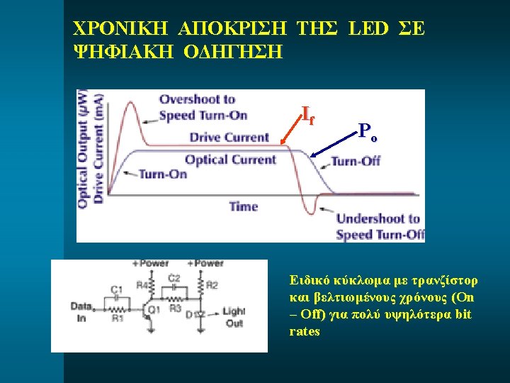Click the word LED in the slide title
pyautogui.click(x=368, y=29)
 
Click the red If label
pyautogui.click(x=307, y=114)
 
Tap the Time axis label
pyautogui.click(x=243, y=206)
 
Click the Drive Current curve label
pyautogui.click(x=229, y=137)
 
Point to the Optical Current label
pyautogui.click(x=230, y=159)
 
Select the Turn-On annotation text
pyautogui.click(x=163, y=174)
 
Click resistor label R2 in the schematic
pyautogui.click(x=210, y=285)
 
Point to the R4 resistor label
pyautogui.click(x=140, y=285)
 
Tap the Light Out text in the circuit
pyautogui.click(x=233, y=317)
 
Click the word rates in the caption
pyautogui.click(x=305, y=331)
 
